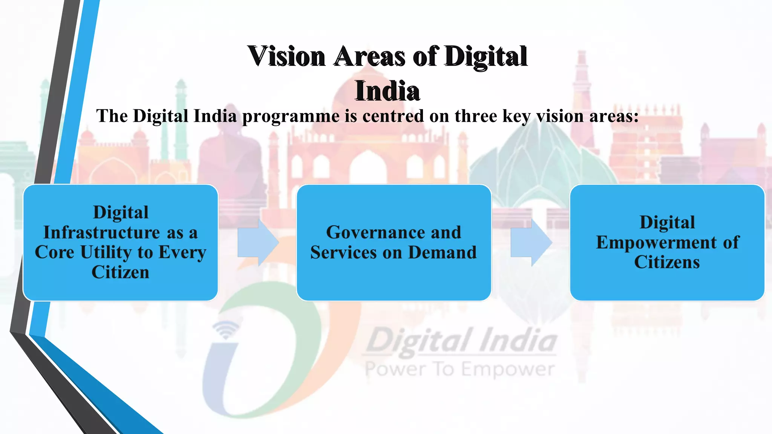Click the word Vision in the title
coord(286,57)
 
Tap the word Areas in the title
coord(369,57)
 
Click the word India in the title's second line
coord(387,91)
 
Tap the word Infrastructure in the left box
coord(102,232)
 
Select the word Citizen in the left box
coord(120,272)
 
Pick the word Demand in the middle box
coord(443,252)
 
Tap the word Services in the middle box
coord(343,252)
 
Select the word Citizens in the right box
coord(667,262)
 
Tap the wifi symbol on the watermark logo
coord(226,329)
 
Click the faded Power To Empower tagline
coord(460,370)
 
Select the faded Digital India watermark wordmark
coord(462,341)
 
